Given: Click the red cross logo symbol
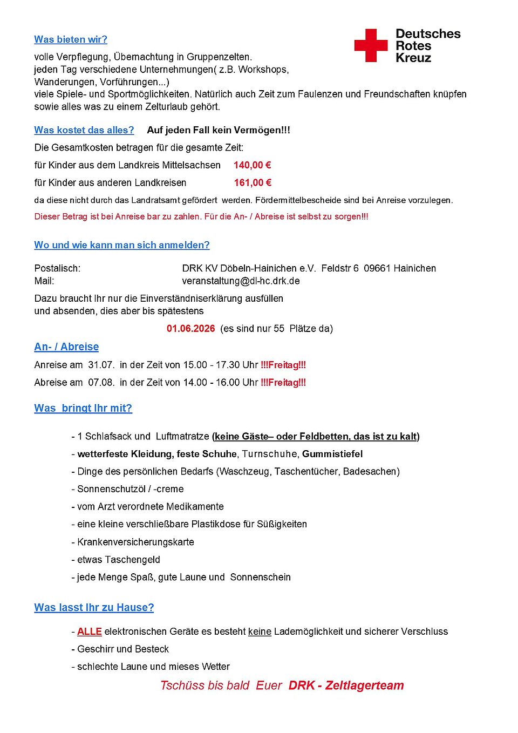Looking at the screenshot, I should tap(371, 45).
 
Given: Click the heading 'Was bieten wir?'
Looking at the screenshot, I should tap(71, 39).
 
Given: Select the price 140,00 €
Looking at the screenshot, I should tap(252, 165).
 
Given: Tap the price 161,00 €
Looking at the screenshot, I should tap(252, 183).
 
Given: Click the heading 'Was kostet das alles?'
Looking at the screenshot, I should tap(84, 130).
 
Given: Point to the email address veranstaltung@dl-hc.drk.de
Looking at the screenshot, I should tap(241, 281).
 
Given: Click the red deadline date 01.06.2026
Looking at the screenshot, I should tap(190, 329).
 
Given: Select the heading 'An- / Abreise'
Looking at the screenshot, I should tap(66, 347).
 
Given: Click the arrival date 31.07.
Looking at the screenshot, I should tap(101, 365).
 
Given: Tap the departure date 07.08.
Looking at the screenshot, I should tap(101, 383).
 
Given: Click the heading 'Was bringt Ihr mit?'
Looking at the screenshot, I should tap(83, 409).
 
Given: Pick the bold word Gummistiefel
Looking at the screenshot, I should tap(332, 454).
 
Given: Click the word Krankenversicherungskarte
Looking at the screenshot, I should tap(135, 542).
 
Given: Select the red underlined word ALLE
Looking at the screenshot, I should tap(90, 632).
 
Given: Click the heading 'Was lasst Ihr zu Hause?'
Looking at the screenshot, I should tap(94, 608).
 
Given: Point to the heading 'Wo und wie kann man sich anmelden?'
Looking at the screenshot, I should tap(122, 245).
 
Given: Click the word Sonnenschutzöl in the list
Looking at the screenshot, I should tap(107, 489).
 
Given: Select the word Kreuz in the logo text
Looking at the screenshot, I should tap(413, 58).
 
